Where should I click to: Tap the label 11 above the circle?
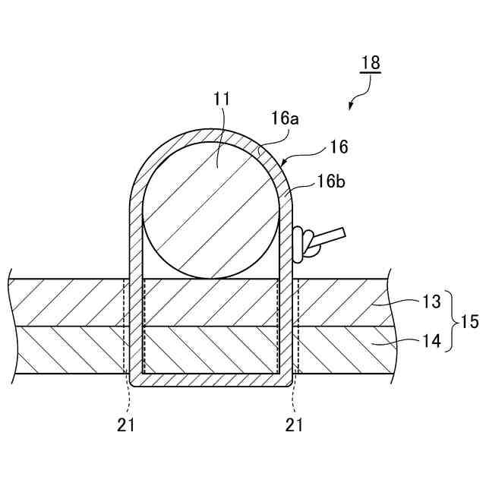point(222,99)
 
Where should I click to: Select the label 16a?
point(284,118)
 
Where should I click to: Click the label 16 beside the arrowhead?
point(338,147)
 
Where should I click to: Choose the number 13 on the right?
point(431,302)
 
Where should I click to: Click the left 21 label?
point(126,425)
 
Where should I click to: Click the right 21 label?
point(295,425)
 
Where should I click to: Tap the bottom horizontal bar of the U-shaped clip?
point(211,377)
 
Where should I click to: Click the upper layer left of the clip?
point(68,302)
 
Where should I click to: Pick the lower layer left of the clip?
point(68,349)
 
